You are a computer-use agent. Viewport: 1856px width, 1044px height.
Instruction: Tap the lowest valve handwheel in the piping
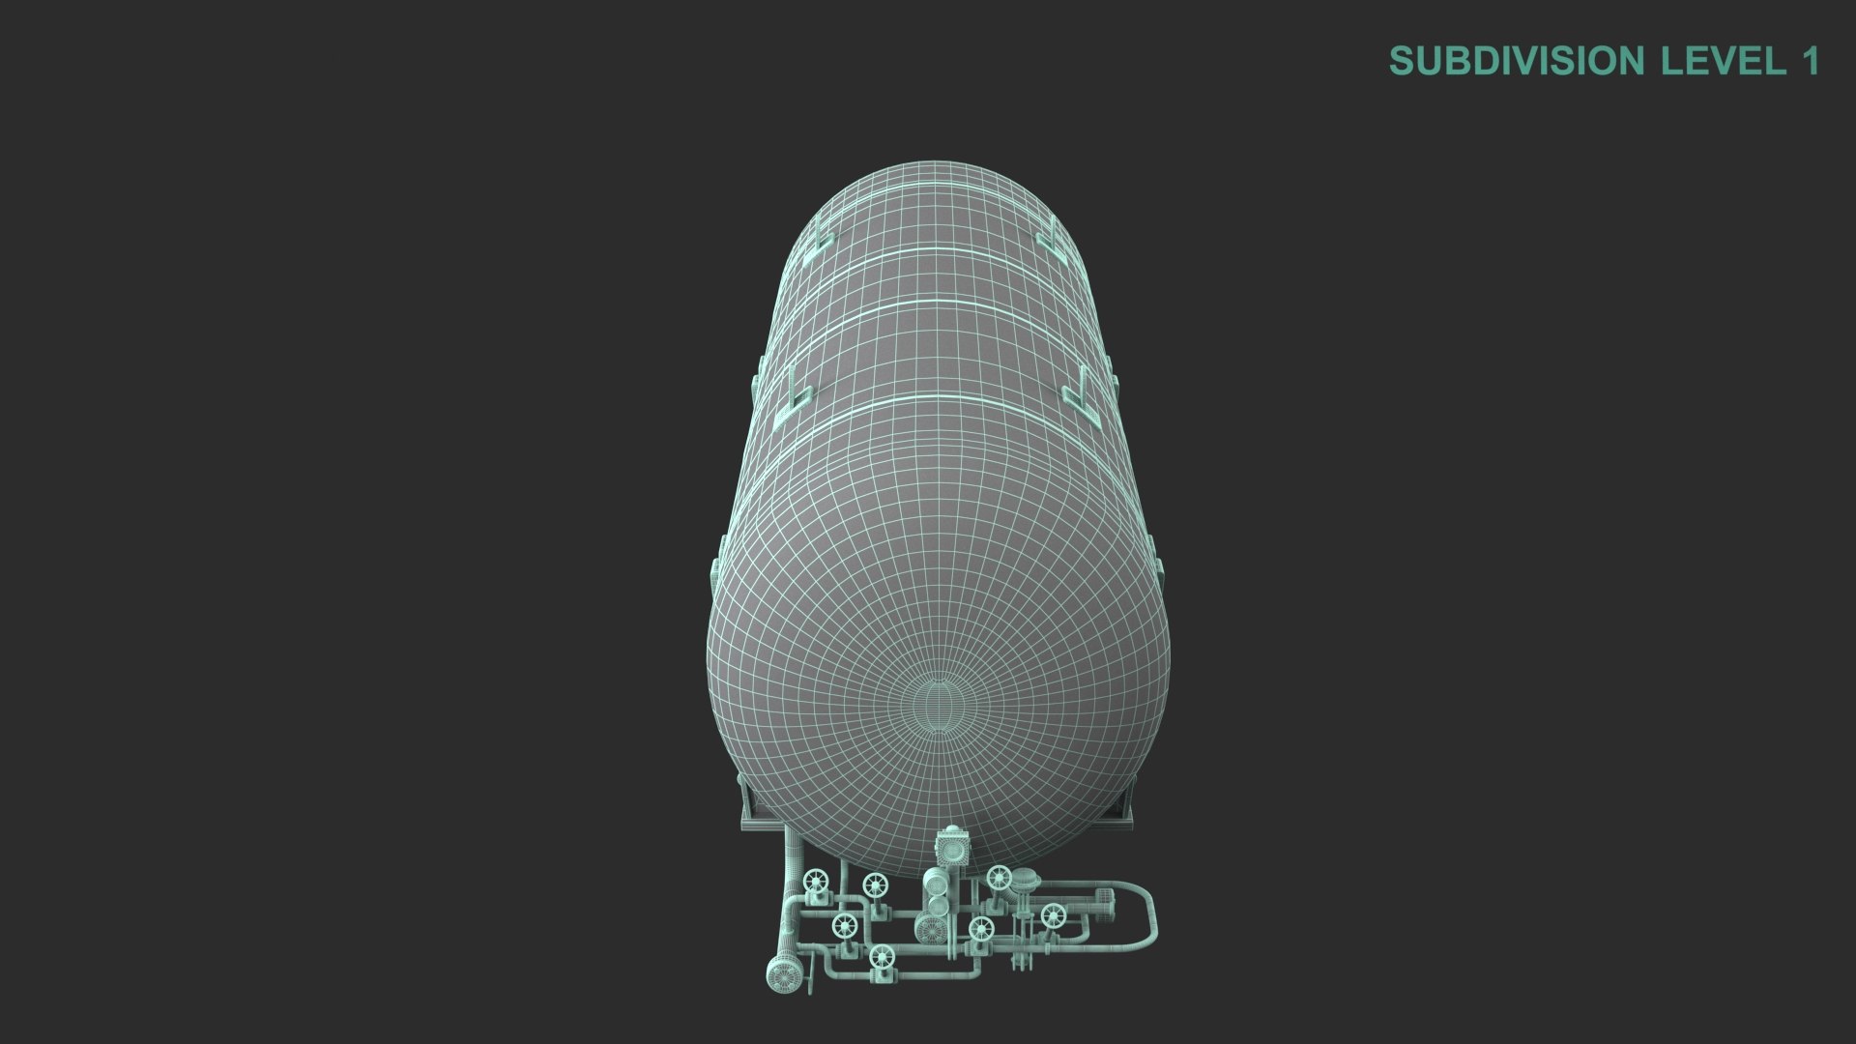click(x=881, y=958)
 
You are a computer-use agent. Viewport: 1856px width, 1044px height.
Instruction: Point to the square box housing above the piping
click(x=952, y=850)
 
